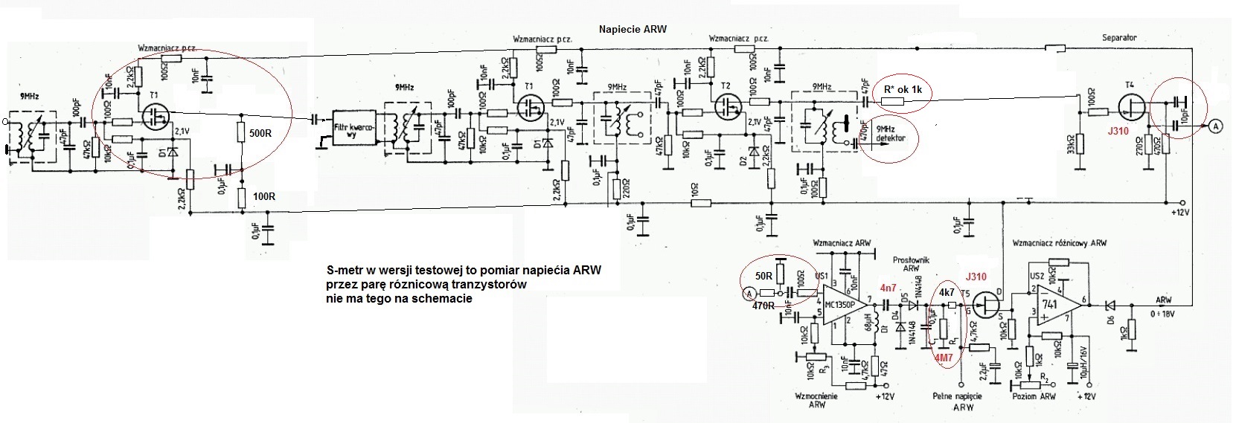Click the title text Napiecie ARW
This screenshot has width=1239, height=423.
(x=633, y=30)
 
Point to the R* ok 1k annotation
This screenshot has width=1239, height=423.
(x=903, y=90)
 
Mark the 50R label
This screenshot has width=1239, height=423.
(x=763, y=276)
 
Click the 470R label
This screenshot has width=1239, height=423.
(x=763, y=306)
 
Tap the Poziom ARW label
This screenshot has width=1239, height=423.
(x=1034, y=396)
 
